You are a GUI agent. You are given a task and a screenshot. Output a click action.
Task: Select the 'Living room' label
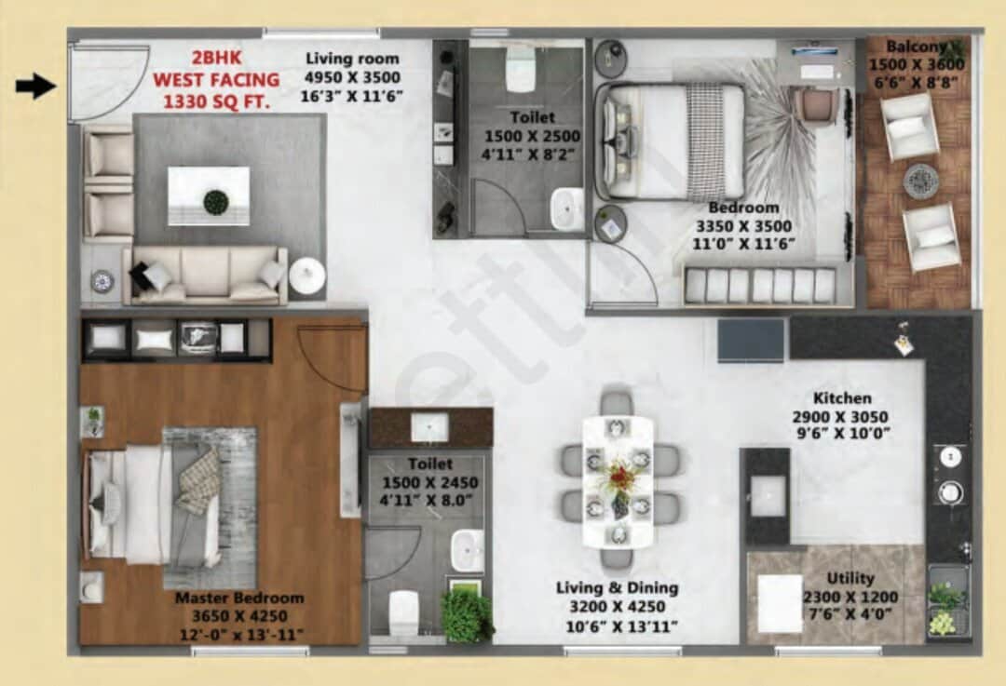tap(352, 59)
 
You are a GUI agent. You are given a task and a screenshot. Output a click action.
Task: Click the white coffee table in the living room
tap(208, 195)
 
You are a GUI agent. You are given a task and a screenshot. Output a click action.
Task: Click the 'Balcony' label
tap(916, 47)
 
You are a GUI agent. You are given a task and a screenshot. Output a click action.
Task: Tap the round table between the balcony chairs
tap(919, 181)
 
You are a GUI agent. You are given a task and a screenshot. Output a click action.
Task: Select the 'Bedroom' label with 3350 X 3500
tap(742, 208)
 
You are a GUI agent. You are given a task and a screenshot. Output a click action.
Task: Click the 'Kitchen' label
tap(842, 397)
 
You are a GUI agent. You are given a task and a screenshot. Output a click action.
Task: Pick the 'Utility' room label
tap(850, 578)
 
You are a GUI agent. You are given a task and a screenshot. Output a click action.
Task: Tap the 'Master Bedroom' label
tap(239, 598)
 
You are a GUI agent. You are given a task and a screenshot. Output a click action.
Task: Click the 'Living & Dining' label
tap(617, 587)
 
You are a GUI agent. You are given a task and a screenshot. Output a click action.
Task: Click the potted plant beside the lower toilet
tap(466, 614)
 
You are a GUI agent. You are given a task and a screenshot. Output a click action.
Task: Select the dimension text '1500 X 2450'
tap(429, 482)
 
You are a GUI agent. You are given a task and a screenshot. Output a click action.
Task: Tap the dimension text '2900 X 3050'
tap(840, 416)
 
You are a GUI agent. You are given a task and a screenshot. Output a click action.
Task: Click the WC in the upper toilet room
tap(520, 71)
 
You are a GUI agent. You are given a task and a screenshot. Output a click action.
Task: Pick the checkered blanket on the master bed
tap(198, 480)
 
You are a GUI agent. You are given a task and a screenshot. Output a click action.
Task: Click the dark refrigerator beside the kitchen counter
tap(751, 340)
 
